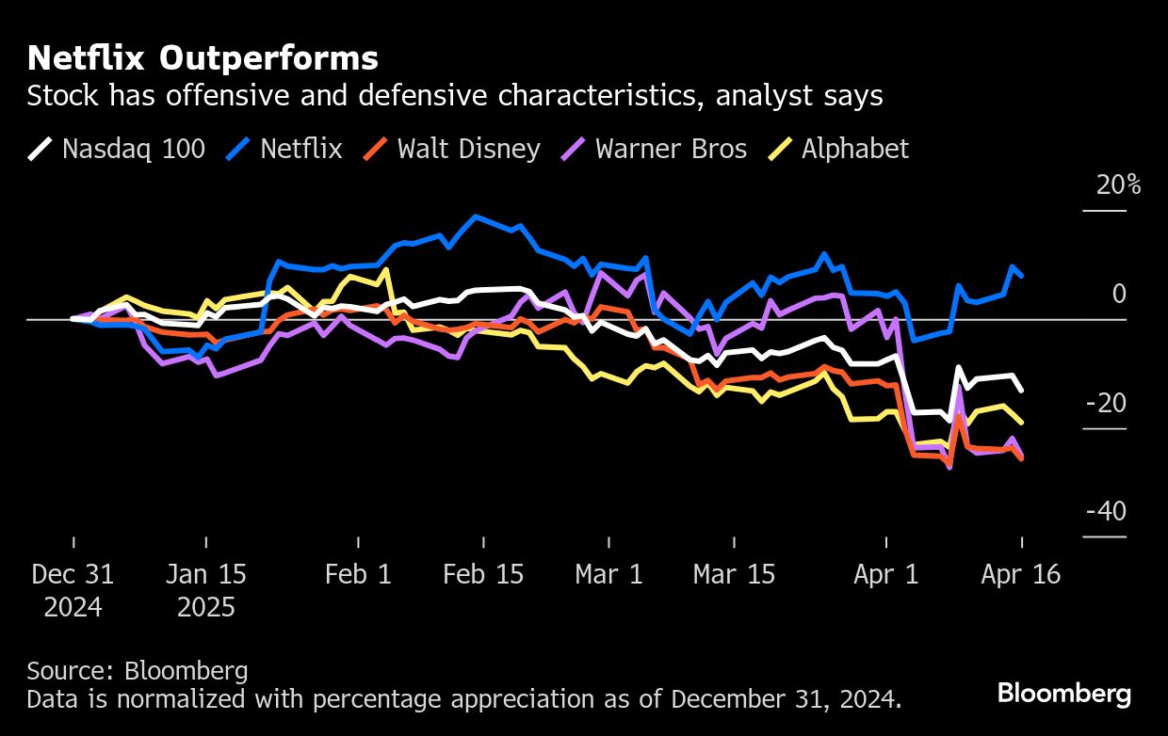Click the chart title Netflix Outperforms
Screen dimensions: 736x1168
tap(203, 58)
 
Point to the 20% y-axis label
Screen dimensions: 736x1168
tap(1118, 185)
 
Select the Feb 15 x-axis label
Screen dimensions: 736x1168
tap(483, 574)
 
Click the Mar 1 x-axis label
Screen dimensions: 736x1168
tap(608, 574)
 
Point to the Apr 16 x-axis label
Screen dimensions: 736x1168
tap(1020, 574)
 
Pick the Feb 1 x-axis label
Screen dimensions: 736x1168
tap(358, 574)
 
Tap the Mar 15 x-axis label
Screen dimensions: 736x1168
tap(734, 574)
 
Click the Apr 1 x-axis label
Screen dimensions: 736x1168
tap(885, 574)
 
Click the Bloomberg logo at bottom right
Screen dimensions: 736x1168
tap(1064, 695)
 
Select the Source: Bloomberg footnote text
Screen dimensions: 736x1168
tap(138, 671)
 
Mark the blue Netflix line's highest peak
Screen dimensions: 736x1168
tap(476, 216)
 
